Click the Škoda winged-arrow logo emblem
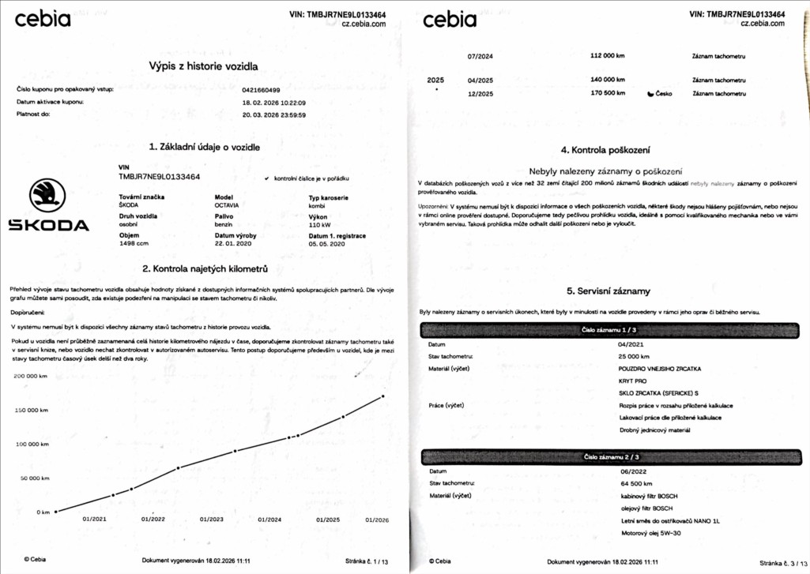(x=47, y=196)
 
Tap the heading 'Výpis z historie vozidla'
(x=203, y=66)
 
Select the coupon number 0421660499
(x=262, y=89)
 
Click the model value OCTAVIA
(x=228, y=205)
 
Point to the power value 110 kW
(x=319, y=225)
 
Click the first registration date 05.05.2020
(x=327, y=244)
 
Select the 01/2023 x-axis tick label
(x=212, y=520)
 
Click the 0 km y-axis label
(x=43, y=512)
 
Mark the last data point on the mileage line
(x=383, y=396)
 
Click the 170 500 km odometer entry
(x=608, y=94)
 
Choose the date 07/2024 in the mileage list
(x=480, y=57)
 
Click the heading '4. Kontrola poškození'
(x=605, y=150)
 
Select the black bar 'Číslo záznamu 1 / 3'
(x=608, y=330)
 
